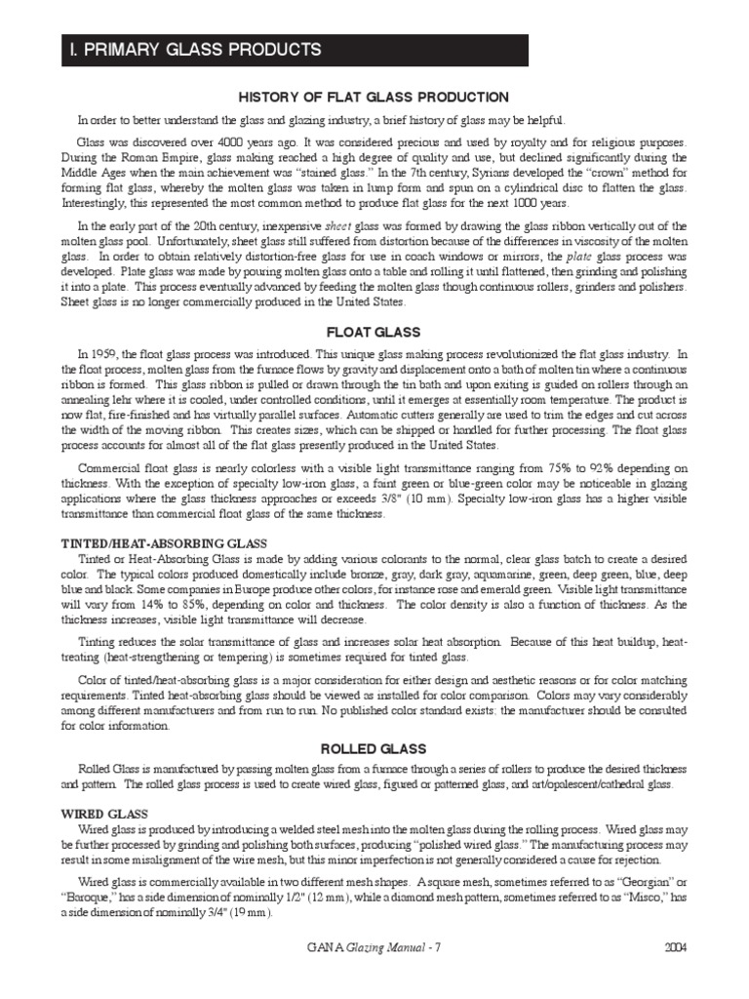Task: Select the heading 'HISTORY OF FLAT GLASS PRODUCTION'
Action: coord(374,97)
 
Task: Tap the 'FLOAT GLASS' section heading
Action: coord(374,331)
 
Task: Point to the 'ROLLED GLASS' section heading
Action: coord(374,748)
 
